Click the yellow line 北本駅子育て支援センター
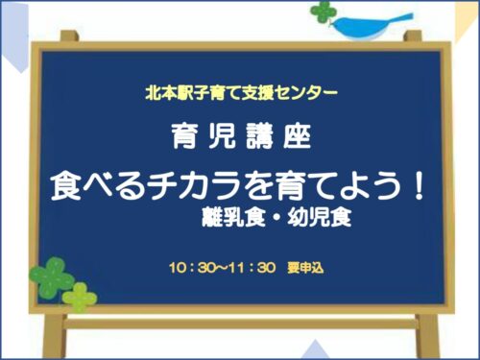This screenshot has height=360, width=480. click(239, 95)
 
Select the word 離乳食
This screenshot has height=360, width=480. click(229, 216)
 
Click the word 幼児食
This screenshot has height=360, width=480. click(323, 216)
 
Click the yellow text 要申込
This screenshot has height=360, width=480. click(304, 266)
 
